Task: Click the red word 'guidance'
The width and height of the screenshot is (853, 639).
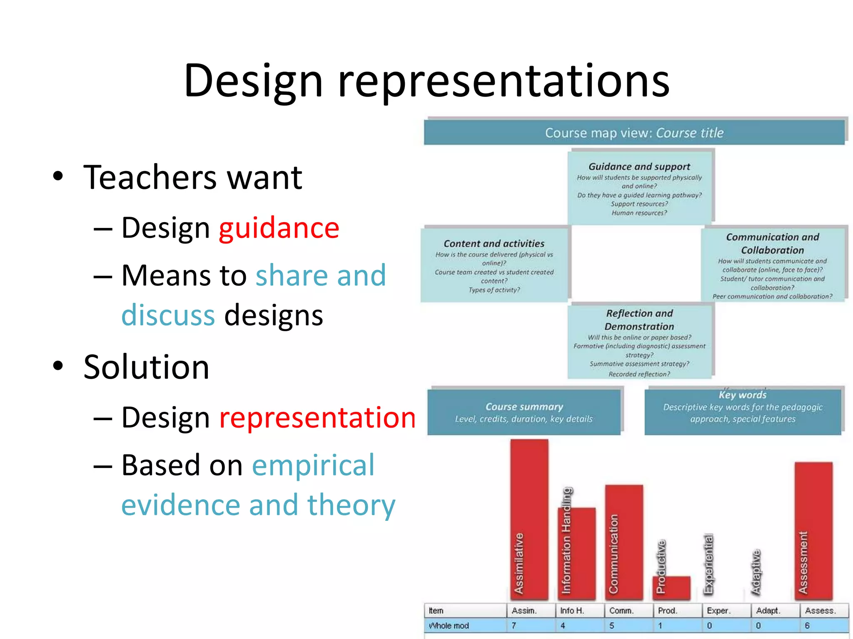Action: pos(279,228)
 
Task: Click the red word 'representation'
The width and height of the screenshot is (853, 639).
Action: pos(317,417)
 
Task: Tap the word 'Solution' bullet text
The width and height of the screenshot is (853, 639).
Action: pos(146,367)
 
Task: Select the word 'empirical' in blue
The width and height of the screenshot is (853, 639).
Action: pos(313,465)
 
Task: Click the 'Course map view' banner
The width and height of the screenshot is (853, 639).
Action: pos(634,133)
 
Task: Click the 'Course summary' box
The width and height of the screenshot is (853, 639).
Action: pos(524,412)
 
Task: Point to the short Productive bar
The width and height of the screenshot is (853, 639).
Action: pos(671,587)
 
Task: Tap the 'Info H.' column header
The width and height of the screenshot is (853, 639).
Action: pos(572,611)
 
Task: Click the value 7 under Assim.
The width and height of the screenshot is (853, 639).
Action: pos(514,626)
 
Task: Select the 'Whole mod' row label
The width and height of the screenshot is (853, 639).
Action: pos(449,626)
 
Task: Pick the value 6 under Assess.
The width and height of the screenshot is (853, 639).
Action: pos(807,626)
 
